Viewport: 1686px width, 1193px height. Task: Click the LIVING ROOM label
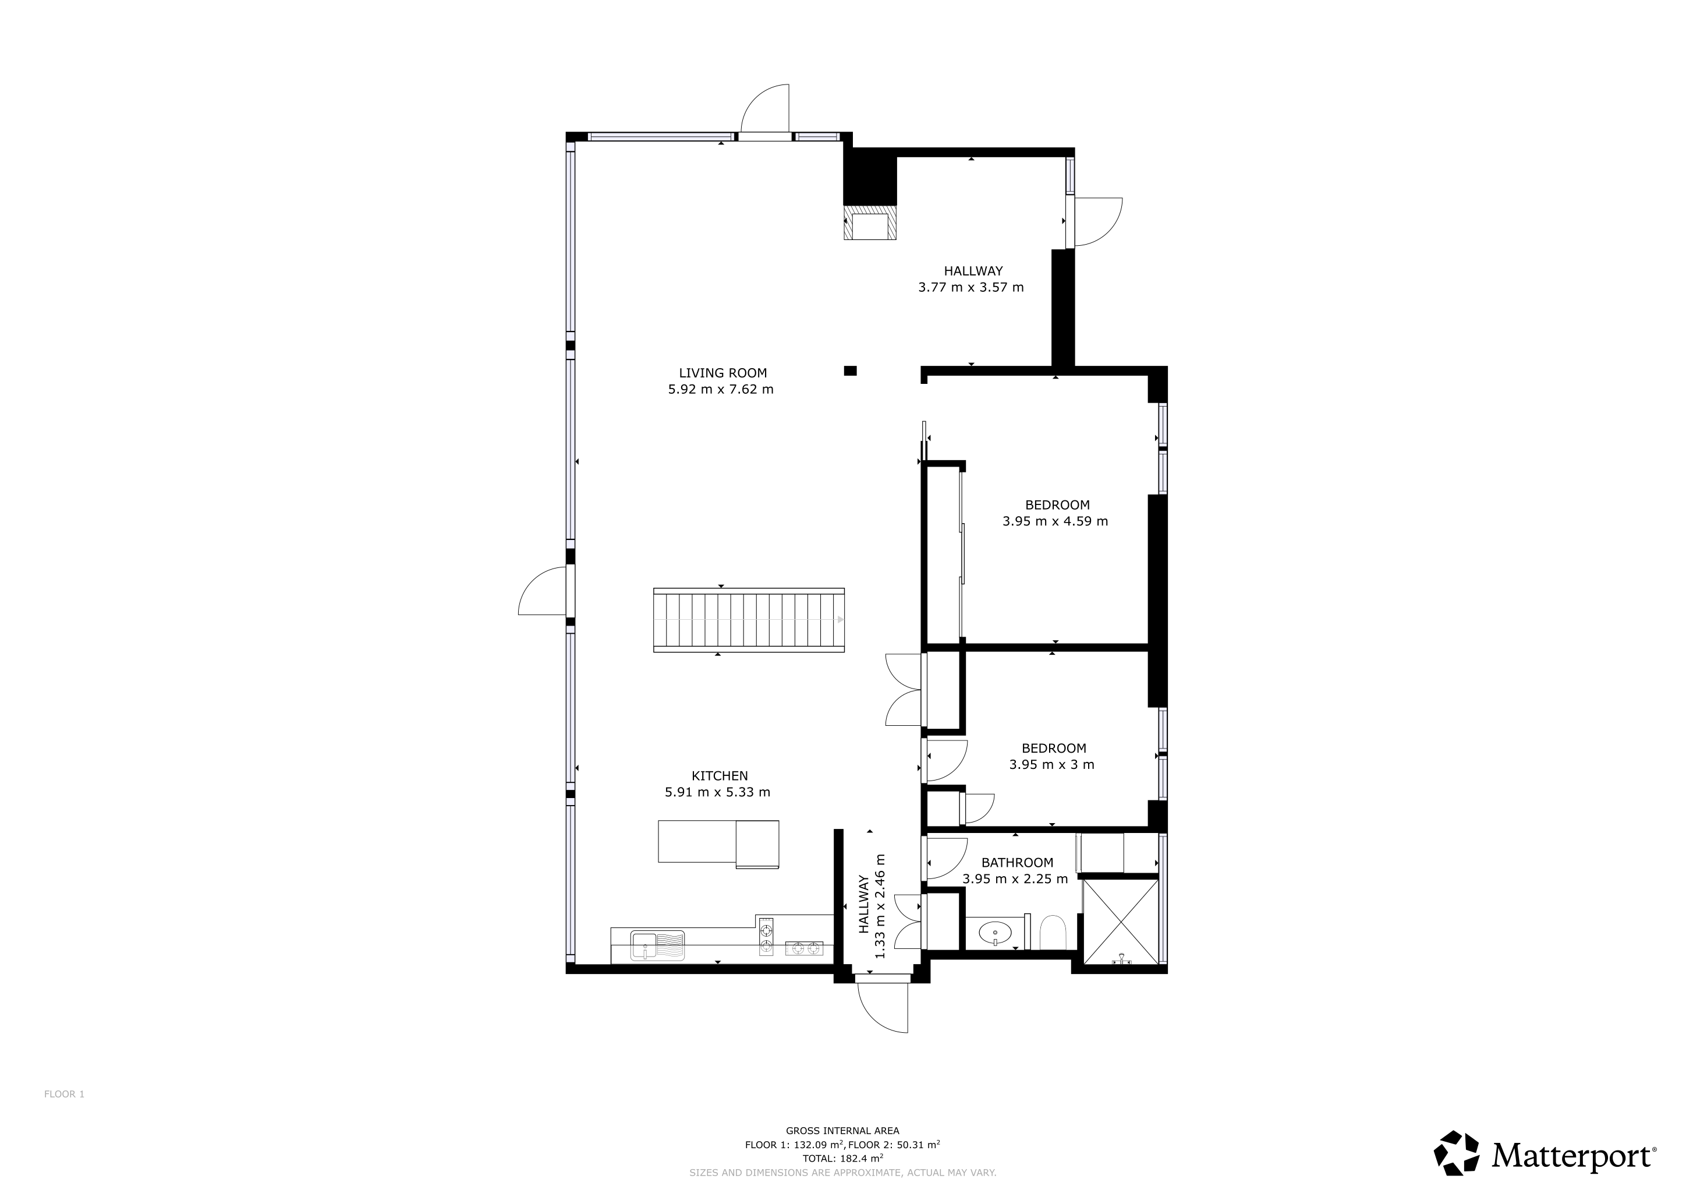pos(722,373)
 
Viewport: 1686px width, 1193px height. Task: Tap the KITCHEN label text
pos(720,776)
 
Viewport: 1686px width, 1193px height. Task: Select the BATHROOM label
pos(1017,863)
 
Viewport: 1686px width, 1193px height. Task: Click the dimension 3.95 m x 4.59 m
pos(1055,521)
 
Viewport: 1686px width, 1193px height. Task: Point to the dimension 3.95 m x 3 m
pos(1051,765)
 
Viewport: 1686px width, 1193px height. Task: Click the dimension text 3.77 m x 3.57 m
pos(970,287)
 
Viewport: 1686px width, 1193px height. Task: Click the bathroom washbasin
pos(995,933)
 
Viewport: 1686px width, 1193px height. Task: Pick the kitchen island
pos(718,844)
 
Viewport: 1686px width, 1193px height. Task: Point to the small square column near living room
pos(851,371)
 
